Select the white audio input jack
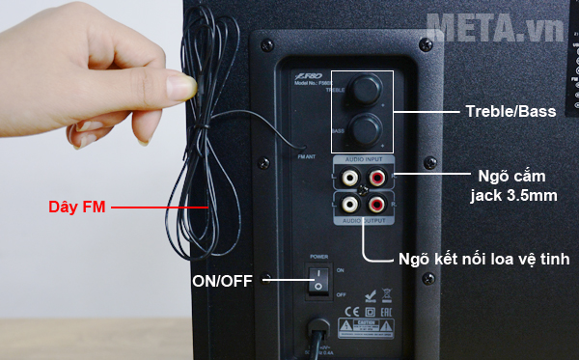[346, 177]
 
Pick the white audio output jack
[346, 205]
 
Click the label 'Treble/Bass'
[507, 112]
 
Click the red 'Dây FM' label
[76, 207]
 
